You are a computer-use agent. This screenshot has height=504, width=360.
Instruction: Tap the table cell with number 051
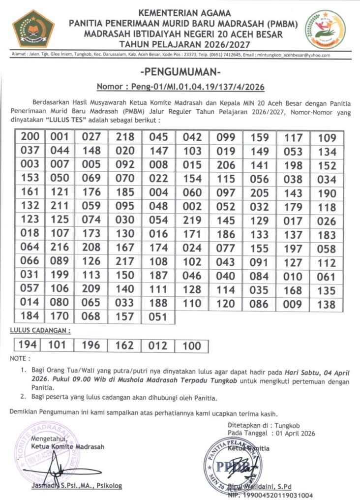[158, 317]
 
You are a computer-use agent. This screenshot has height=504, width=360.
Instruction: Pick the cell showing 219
[192, 220]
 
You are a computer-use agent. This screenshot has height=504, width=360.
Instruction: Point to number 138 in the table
[327, 304]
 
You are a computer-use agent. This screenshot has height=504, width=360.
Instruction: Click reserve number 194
[27, 346]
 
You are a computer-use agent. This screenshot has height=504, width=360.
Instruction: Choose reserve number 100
[192, 346]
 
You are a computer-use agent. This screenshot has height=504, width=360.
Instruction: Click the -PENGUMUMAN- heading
[180, 72]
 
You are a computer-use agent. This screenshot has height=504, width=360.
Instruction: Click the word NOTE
[20, 358]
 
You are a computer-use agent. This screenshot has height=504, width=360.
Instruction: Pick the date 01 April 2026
[293, 434]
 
